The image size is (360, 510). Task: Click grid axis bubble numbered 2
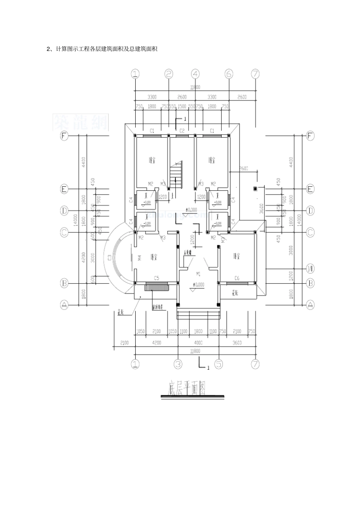(x=169, y=74)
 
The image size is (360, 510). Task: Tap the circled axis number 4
(x=195, y=74)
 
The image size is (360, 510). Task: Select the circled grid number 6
(x=229, y=74)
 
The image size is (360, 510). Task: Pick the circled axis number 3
(x=178, y=364)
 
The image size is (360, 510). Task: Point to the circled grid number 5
(x=218, y=364)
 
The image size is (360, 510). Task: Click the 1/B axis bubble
(x=310, y=269)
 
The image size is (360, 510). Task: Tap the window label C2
(x=182, y=131)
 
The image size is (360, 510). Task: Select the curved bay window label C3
(x=110, y=258)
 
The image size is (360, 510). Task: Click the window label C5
(x=156, y=278)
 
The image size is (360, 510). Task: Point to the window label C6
(x=237, y=278)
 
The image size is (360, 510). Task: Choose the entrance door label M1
(x=198, y=273)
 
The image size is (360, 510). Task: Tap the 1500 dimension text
(x=182, y=107)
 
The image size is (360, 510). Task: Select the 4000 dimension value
(x=198, y=342)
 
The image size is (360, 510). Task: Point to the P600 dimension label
(x=243, y=169)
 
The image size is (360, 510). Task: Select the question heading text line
(x=102, y=49)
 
